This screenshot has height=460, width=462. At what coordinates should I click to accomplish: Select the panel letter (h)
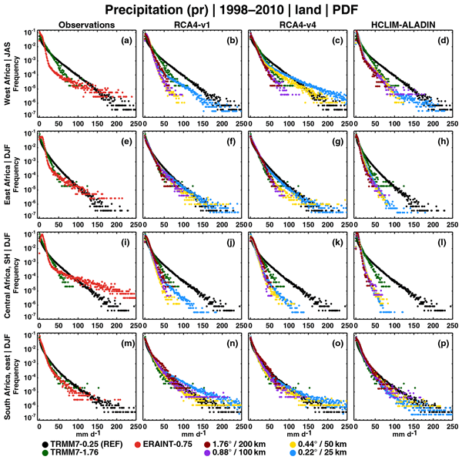(x=442, y=139)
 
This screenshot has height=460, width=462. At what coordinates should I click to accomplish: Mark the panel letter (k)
(x=336, y=239)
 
